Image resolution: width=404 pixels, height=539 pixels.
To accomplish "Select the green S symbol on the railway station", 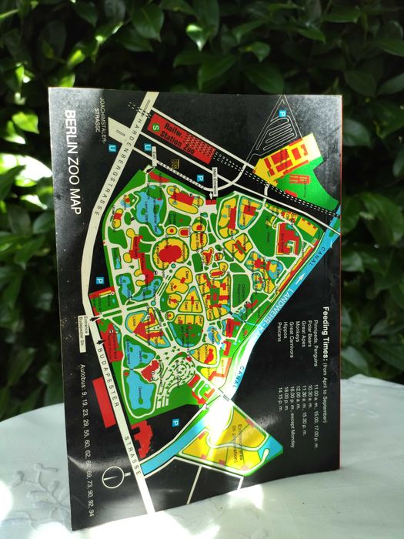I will tap(157, 118).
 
